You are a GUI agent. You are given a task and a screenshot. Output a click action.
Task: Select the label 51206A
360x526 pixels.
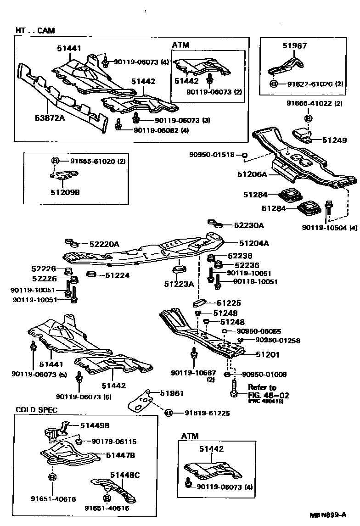[253, 174]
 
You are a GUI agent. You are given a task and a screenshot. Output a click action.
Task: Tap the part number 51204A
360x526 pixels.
[253, 244]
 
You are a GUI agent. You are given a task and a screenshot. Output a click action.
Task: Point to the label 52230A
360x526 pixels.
[249, 225]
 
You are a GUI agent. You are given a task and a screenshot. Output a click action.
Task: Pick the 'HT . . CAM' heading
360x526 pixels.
[35, 31]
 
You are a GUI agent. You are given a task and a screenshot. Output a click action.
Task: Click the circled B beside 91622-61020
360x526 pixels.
[274, 84]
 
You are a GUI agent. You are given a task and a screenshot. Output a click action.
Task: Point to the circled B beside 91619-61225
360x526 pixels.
[168, 413]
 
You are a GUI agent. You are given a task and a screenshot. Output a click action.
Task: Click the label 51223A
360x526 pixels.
[179, 284]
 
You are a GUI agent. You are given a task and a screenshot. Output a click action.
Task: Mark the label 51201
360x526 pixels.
[266, 355]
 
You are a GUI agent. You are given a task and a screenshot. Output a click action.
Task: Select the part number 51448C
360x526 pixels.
[124, 476]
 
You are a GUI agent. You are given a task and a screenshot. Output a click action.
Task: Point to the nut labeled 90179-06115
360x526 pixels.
[79, 442]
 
